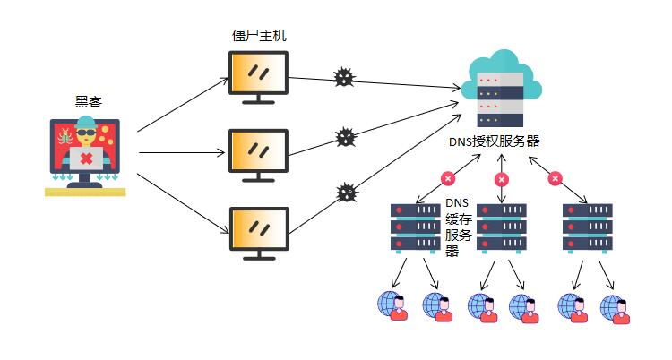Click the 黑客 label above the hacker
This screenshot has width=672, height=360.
click(x=88, y=102)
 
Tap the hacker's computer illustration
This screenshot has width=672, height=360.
click(x=86, y=154)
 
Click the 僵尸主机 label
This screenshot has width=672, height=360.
click(x=259, y=36)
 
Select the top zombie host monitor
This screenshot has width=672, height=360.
click(x=258, y=76)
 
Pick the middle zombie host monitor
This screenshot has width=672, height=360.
click(x=258, y=154)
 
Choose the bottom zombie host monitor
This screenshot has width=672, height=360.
click(x=258, y=232)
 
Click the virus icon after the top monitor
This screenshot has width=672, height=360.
click(x=343, y=77)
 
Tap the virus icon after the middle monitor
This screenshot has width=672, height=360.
click(x=345, y=137)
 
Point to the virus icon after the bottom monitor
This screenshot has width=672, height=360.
click(x=346, y=193)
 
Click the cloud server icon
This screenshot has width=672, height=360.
click(x=502, y=90)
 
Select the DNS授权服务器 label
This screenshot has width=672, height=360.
click(x=495, y=141)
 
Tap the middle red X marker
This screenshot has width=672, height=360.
click(x=501, y=179)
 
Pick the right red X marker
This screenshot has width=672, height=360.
click(x=555, y=179)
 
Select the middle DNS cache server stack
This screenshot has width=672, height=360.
click(x=502, y=227)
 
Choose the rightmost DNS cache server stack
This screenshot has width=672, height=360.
click(x=587, y=227)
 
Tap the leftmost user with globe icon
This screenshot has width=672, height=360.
click(x=392, y=304)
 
